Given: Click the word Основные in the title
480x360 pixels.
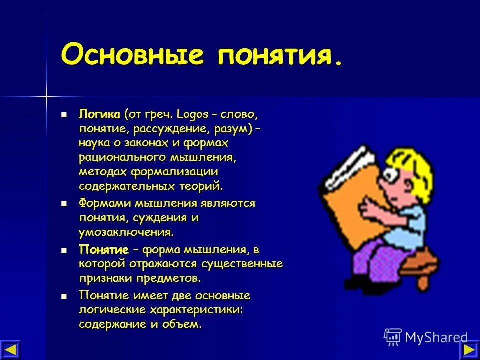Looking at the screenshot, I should [x=132, y=54].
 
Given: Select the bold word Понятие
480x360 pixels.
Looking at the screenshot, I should [x=104, y=249].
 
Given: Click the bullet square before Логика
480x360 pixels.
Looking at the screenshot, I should [x=64, y=115].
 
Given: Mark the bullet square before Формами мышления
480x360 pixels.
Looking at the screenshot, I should [x=64, y=204].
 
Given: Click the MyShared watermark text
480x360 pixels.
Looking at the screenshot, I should [x=436, y=337].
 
